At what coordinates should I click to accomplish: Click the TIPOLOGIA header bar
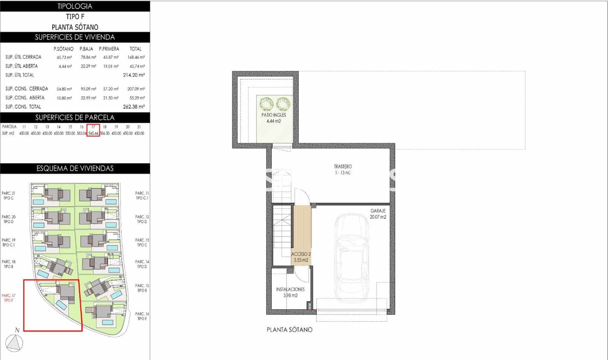(75, 6)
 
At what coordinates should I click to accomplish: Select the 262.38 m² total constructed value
(134, 107)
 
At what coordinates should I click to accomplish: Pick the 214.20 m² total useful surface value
(134, 75)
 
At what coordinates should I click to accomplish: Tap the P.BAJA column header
(86, 49)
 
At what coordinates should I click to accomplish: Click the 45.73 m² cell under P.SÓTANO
(64, 57)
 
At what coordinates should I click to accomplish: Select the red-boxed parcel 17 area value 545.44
(93, 133)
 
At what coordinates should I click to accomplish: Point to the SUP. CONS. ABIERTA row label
(25, 98)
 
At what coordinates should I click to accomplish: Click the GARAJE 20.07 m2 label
(378, 214)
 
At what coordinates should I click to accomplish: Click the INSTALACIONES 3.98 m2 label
(290, 292)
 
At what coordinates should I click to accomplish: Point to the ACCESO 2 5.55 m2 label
(301, 257)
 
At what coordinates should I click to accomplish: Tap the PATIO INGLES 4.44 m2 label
(274, 118)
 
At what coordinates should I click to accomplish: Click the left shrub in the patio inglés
(266, 104)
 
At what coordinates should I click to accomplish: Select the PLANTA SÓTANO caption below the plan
(289, 330)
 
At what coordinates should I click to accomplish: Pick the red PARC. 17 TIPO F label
(8, 298)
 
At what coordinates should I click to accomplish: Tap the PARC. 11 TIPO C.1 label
(142, 196)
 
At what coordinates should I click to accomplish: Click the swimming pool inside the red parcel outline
(62, 305)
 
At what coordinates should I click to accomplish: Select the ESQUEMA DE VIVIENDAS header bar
(75, 168)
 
